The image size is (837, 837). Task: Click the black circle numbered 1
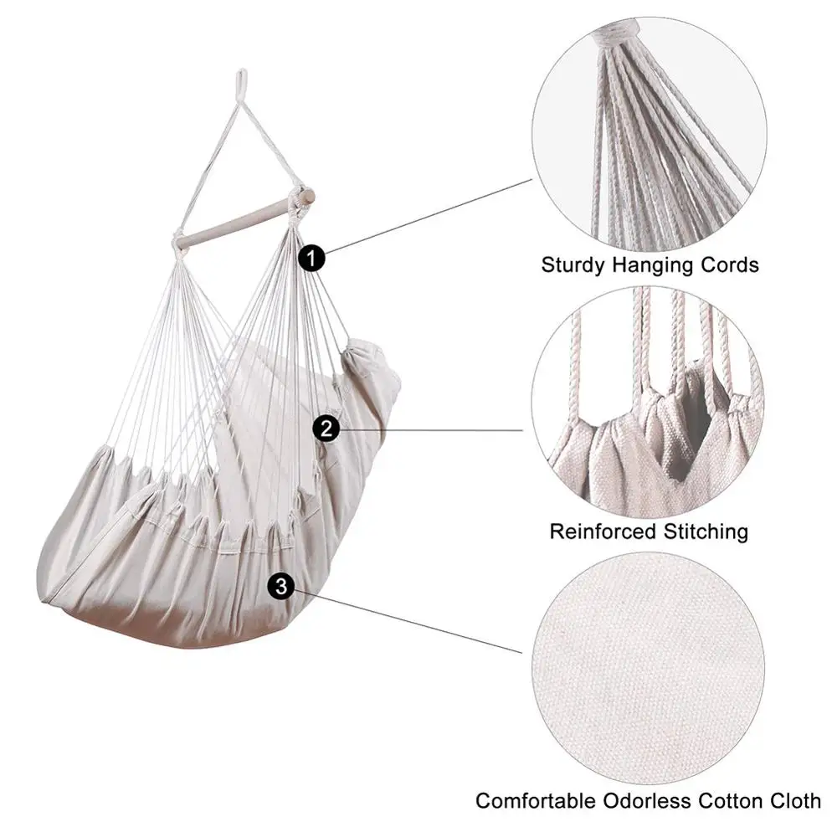point(311,259)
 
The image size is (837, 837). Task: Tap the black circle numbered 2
point(326,429)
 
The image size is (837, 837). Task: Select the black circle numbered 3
point(280,586)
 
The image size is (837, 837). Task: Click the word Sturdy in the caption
point(573,265)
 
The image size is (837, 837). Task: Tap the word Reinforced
point(603,531)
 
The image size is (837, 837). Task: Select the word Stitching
point(705,532)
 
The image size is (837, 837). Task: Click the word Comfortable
point(536,801)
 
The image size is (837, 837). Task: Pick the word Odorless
point(646,801)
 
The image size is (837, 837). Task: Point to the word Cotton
point(730,801)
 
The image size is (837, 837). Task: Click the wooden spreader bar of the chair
point(245,220)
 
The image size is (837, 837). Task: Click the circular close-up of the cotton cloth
point(648,668)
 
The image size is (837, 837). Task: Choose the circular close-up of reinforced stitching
point(648,403)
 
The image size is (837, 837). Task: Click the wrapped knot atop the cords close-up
point(615,31)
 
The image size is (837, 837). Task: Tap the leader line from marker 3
point(408,621)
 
